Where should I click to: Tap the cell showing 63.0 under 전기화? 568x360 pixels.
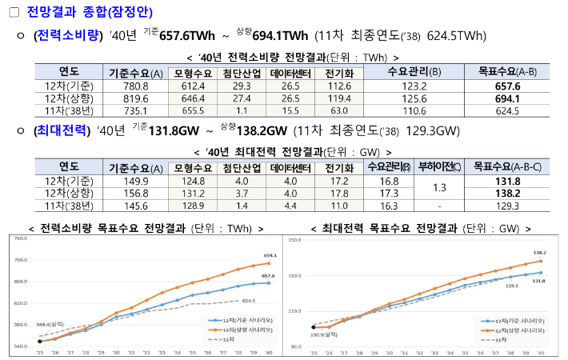pyautogui.click(x=339, y=111)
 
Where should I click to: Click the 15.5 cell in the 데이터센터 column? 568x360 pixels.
pyautogui.click(x=290, y=111)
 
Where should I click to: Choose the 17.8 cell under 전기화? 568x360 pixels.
pyautogui.click(x=339, y=194)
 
